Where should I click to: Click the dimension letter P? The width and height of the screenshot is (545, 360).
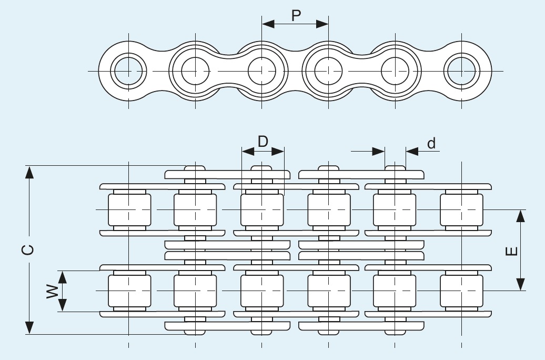[296, 16]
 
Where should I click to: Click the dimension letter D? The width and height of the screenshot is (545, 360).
[263, 141]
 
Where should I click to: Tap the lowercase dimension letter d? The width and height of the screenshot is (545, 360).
[431, 143]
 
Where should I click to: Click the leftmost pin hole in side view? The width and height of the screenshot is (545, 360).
[129, 71]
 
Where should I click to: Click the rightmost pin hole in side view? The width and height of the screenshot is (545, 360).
[461, 71]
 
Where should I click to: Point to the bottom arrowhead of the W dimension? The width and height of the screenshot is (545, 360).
[63, 305]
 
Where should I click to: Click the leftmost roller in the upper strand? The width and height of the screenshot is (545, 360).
[129, 209]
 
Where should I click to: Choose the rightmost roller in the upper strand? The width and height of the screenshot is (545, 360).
[461, 209]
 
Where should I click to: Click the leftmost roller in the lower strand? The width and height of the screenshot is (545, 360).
[129, 291]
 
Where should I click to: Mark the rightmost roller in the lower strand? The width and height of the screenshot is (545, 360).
[461, 291]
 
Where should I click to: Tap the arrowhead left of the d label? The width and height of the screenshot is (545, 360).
[379, 152]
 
